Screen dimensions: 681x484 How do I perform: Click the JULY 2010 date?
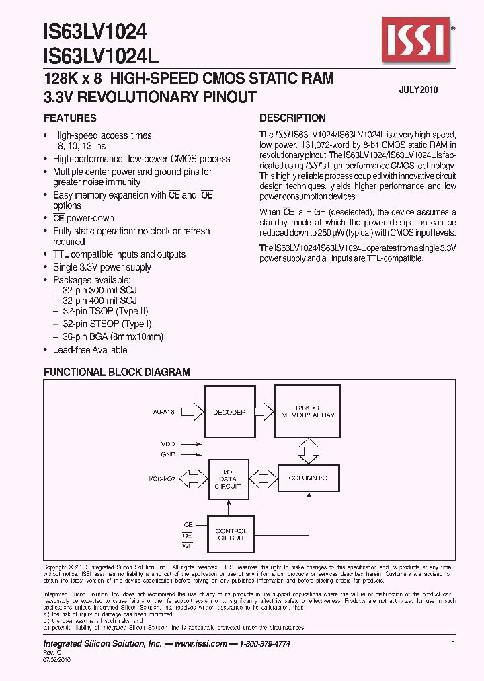point(418,89)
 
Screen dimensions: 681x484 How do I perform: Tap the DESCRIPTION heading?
point(292,118)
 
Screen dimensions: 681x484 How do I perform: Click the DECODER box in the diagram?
point(229,412)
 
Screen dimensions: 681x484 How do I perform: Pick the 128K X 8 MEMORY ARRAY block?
point(308,412)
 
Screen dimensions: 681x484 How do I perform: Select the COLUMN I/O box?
point(308,478)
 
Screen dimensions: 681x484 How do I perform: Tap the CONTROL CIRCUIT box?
point(231,534)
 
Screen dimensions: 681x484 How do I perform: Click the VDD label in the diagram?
point(169,444)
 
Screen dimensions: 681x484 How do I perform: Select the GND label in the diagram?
point(169,455)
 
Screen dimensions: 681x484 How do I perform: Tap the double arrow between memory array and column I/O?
point(308,450)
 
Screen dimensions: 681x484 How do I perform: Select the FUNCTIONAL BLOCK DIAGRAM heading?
point(117,372)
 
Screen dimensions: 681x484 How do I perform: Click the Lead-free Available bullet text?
point(90,350)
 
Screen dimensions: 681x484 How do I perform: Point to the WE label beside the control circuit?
point(188,545)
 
